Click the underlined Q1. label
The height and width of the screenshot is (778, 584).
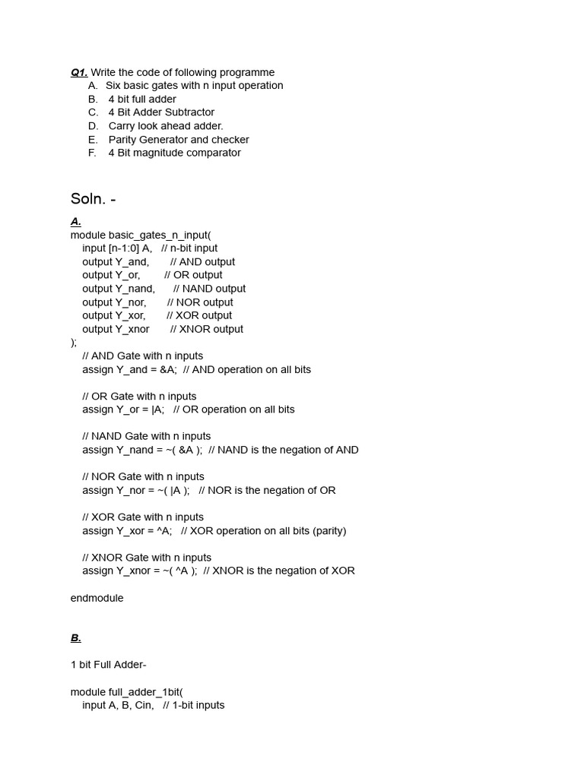coord(79,72)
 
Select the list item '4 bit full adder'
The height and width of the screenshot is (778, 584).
coord(142,99)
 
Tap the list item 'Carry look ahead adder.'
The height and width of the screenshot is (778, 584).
coord(166,126)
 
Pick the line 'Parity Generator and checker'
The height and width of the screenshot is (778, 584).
coord(179,140)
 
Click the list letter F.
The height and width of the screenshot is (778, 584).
coord(92,153)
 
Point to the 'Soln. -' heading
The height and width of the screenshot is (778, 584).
coord(93,199)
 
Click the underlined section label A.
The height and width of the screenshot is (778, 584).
coord(76,221)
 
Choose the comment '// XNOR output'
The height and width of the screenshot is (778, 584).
coord(207,329)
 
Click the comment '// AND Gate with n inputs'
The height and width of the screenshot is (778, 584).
coord(143,356)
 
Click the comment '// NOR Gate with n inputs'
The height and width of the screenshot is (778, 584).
coord(143,477)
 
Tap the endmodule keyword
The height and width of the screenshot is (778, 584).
coord(97,598)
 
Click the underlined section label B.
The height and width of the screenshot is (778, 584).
coord(76,638)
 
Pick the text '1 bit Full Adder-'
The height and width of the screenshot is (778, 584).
coord(108,665)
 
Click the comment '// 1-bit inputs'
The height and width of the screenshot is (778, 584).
coord(194,705)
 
